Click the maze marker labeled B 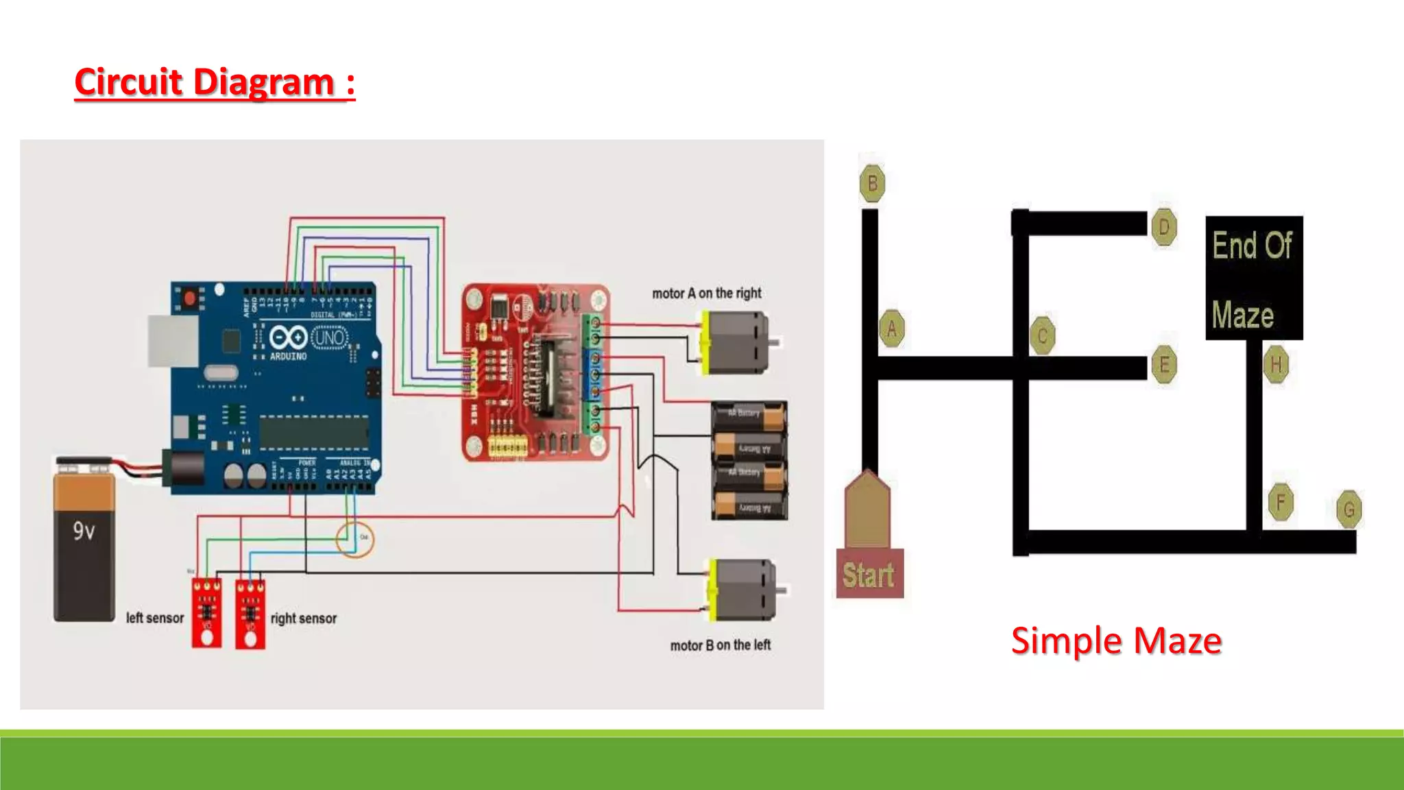coord(872,184)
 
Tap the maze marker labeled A coord(891,328)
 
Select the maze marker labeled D coord(1163,227)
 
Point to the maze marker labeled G coord(1348,510)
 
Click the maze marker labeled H coord(1276,365)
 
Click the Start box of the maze coord(869,573)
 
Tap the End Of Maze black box coord(1254,278)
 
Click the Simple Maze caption coord(1116,641)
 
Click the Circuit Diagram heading coord(215,82)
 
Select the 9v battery coord(84,542)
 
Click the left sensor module coord(206,612)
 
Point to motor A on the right coord(737,342)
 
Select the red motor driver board coord(535,372)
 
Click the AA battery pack coord(749,460)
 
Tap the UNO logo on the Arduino coord(330,337)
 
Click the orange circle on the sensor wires coord(354,538)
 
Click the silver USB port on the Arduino coord(172,341)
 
